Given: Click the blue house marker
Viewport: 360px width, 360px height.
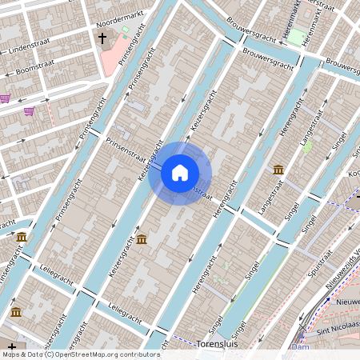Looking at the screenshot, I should (180, 172).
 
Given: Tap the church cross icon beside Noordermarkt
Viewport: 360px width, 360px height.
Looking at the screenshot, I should (102, 38).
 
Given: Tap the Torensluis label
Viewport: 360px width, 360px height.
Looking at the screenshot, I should (216, 343).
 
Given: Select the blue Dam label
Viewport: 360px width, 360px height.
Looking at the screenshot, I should (300, 347).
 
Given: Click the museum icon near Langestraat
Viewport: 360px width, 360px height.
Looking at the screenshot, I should (278, 169).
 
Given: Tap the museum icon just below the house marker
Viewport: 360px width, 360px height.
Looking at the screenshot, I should (142, 239).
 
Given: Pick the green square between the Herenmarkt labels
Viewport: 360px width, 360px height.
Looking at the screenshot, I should (297, 37).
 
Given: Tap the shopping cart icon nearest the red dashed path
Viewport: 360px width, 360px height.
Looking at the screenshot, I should (30, 112).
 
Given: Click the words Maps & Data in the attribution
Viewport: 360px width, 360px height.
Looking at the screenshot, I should (22, 354).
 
